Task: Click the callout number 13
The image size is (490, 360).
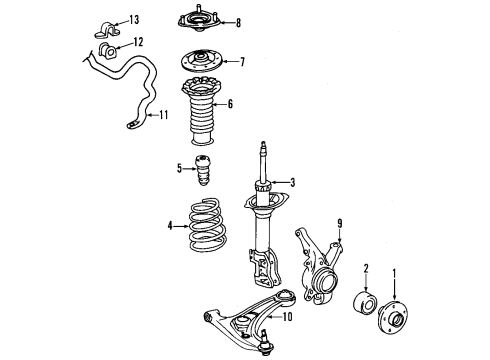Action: pos(134,20)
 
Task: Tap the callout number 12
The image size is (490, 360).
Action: pos(138,42)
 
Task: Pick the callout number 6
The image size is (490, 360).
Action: pos(230,103)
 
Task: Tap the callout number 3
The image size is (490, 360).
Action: pos(292,182)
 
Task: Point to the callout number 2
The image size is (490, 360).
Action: pos(368,267)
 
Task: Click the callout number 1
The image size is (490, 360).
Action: pos(393,273)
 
